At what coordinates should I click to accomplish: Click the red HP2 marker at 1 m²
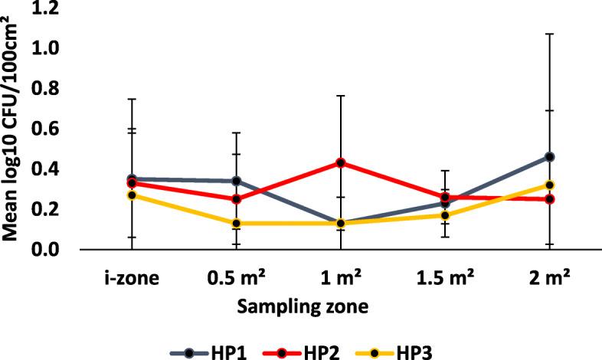341,162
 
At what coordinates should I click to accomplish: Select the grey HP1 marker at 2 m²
549,156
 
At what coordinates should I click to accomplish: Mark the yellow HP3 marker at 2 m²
549,185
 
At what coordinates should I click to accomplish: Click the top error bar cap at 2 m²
549,34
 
